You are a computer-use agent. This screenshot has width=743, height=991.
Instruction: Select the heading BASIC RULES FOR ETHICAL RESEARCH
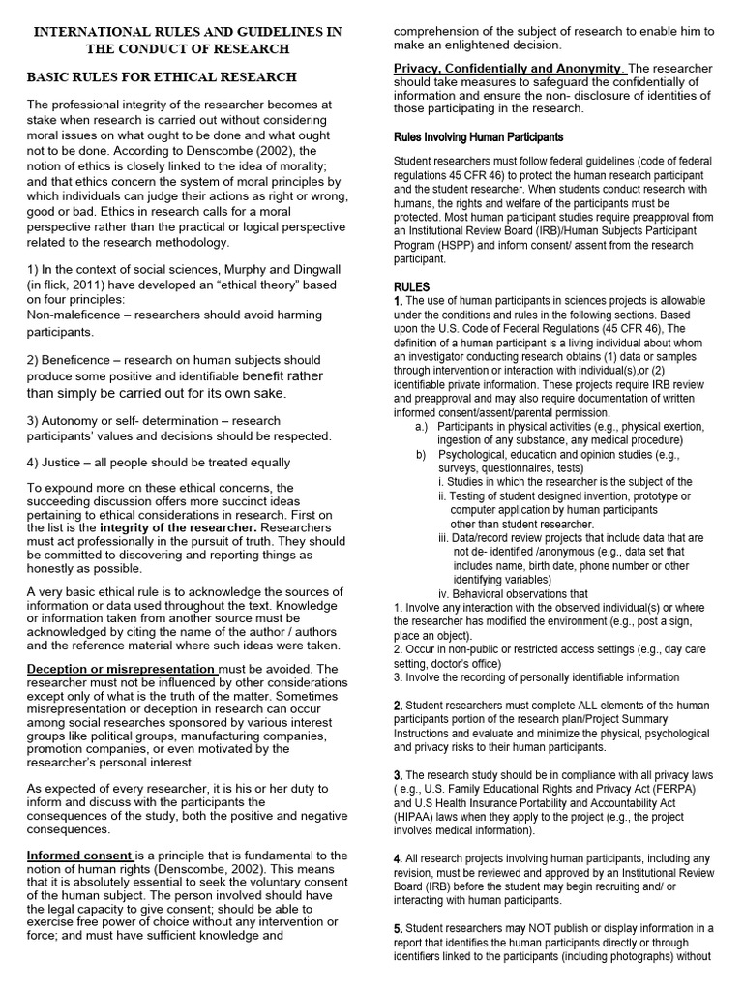(162, 77)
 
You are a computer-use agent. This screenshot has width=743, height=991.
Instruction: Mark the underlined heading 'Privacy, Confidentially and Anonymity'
(509, 68)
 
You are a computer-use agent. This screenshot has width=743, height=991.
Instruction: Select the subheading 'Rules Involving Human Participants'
(478, 137)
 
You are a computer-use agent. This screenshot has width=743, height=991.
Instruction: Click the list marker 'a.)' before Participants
(422, 426)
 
